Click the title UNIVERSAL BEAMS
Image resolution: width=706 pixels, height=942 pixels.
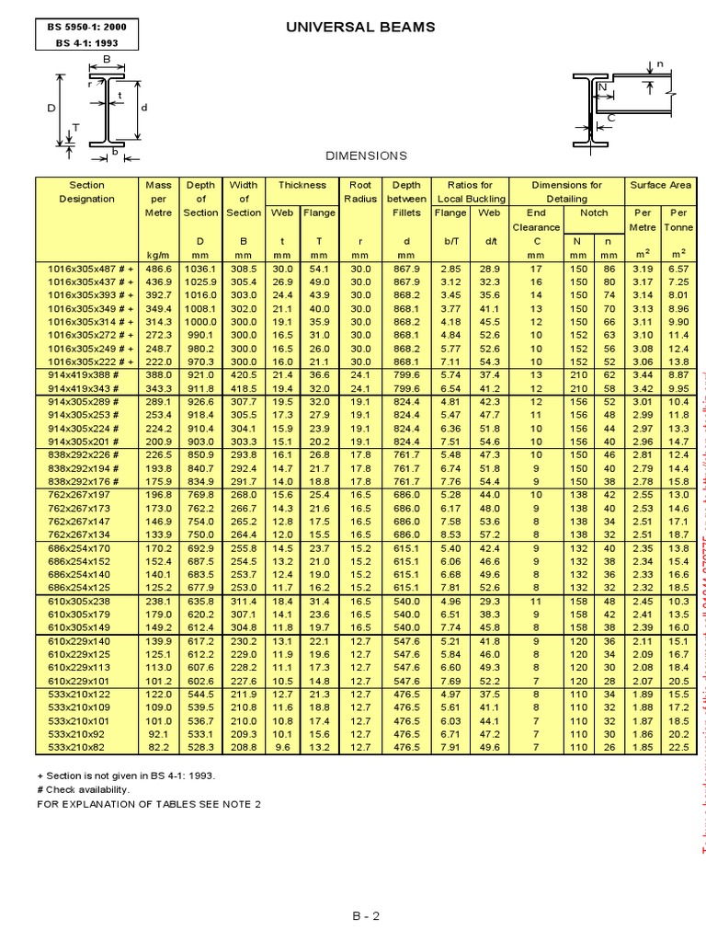pyautogui.click(x=361, y=28)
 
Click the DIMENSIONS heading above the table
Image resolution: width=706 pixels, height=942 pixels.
pyautogui.click(x=367, y=156)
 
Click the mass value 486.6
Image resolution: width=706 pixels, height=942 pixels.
pyautogui.click(x=159, y=268)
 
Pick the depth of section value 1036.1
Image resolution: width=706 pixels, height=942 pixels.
pyautogui.click(x=200, y=268)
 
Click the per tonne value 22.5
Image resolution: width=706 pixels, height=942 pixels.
pyautogui.click(x=678, y=748)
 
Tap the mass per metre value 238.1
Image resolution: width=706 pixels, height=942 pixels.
pyautogui.click(x=159, y=603)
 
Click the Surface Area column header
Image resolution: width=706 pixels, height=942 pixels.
pyautogui.click(x=659, y=185)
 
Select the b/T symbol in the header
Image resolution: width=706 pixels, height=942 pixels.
pyautogui.click(x=450, y=240)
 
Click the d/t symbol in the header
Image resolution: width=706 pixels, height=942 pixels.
pyautogui.click(x=488, y=240)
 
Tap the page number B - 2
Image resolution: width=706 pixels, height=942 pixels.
pyautogui.click(x=365, y=915)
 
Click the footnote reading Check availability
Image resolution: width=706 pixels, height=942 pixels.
pyautogui.click(x=86, y=789)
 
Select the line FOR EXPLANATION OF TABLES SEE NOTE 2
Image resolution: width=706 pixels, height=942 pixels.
pyautogui.click(x=149, y=803)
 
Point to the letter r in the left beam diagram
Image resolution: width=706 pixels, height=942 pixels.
pyautogui.click(x=91, y=83)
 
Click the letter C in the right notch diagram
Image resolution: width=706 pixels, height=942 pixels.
pyautogui.click(x=609, y=118)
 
